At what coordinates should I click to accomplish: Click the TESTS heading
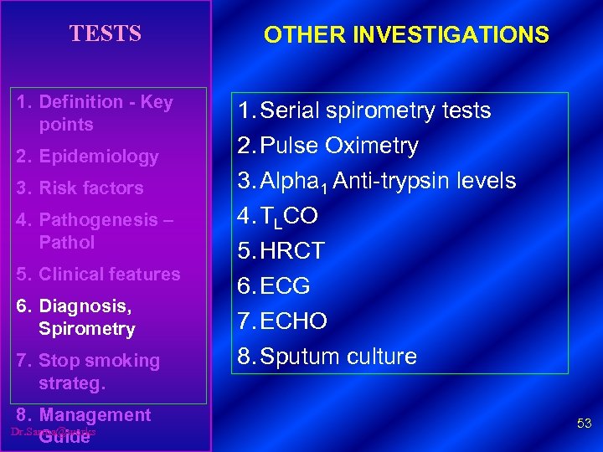click(x=106, y=33)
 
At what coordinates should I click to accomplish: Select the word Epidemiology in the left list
click(x=99, y=157)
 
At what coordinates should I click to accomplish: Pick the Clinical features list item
click(x=110, y=274)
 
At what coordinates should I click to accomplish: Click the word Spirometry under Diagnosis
click(x=86, y=329)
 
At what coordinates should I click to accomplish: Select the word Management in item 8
click(x=95, y=415)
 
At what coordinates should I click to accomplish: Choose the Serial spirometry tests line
click(x=375, y=110)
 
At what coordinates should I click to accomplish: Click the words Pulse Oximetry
click(x=339, y=146)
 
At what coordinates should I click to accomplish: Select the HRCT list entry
click(x=292, y=251)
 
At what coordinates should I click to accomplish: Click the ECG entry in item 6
click(x=286, y=286)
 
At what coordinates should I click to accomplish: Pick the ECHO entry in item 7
click(x=294, y=321)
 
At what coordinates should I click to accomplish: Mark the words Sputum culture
click(x=338, y=357)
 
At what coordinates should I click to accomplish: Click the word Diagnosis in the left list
click(x=85, y=306)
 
